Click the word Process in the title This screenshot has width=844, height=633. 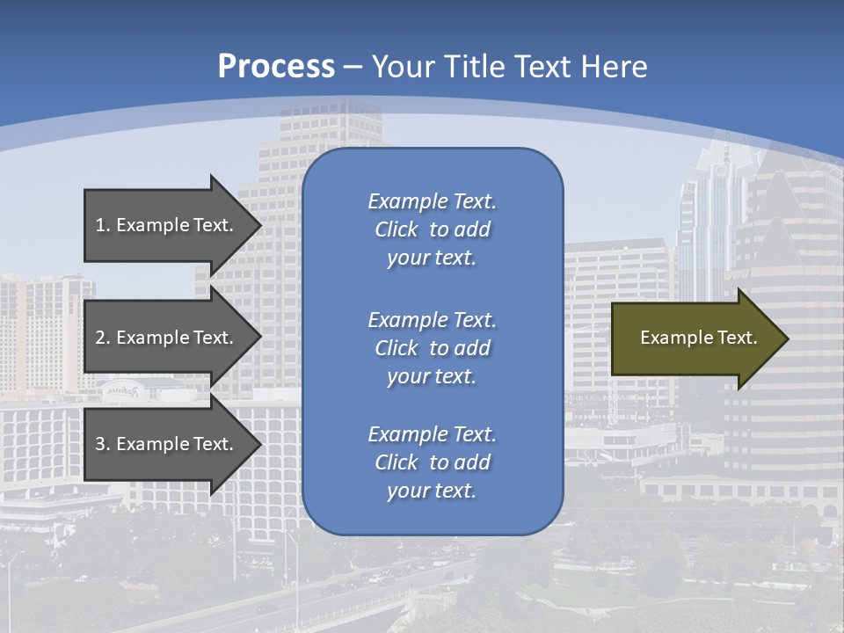[276, 67]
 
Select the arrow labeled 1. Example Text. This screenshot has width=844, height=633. [167, 225]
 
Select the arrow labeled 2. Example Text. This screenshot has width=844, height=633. [167, 338]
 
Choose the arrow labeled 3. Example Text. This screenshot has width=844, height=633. [167, 444]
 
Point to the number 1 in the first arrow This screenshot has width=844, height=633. [100, 225]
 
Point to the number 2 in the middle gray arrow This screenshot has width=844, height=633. [100, 338]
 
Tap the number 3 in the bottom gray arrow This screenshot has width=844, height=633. [100, 444]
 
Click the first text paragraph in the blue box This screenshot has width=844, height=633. [432, 229]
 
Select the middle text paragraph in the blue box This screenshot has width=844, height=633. [432, 348]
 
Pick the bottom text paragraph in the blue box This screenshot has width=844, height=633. [432, 462]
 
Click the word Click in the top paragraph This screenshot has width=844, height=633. [397, 229]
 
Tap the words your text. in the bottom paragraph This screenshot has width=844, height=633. [432, 491]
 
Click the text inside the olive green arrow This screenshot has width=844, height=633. [699, 338]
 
